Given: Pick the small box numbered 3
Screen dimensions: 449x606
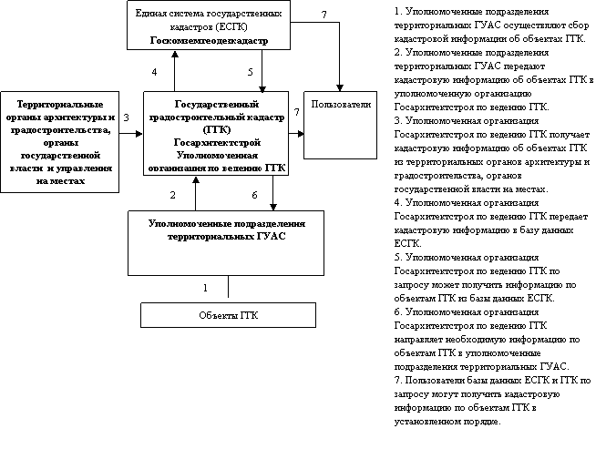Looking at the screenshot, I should click(128, 117).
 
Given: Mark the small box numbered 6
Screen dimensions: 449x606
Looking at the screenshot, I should click(255, 195).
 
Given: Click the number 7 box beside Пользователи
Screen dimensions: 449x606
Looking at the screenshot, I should click(295, 110).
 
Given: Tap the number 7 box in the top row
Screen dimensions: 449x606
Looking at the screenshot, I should click(324, 15).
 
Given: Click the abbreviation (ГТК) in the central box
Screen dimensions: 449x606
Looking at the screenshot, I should click(215, 130).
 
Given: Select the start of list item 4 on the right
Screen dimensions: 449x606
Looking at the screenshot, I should click(398, 202).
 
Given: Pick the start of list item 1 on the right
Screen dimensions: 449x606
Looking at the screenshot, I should click(398, 11).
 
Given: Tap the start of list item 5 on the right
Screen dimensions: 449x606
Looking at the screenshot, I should click(398, 259).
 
